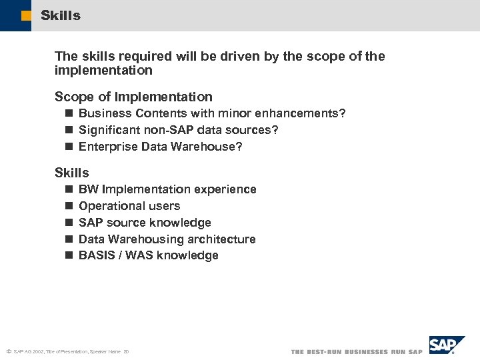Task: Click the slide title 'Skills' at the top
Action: [60, 15]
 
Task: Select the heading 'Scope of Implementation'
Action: [133, 97]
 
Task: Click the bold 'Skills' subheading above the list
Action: [71, 173]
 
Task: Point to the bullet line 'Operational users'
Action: [129, 206]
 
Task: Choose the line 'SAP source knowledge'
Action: [145, 223]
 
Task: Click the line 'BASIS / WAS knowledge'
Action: [148, 255]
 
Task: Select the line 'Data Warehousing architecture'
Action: [167, 239]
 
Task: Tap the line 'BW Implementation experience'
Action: [167, 189]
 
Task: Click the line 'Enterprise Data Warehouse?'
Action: [160, 146]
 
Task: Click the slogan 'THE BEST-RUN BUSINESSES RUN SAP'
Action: [357, 351]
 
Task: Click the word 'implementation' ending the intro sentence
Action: [103, 71]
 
